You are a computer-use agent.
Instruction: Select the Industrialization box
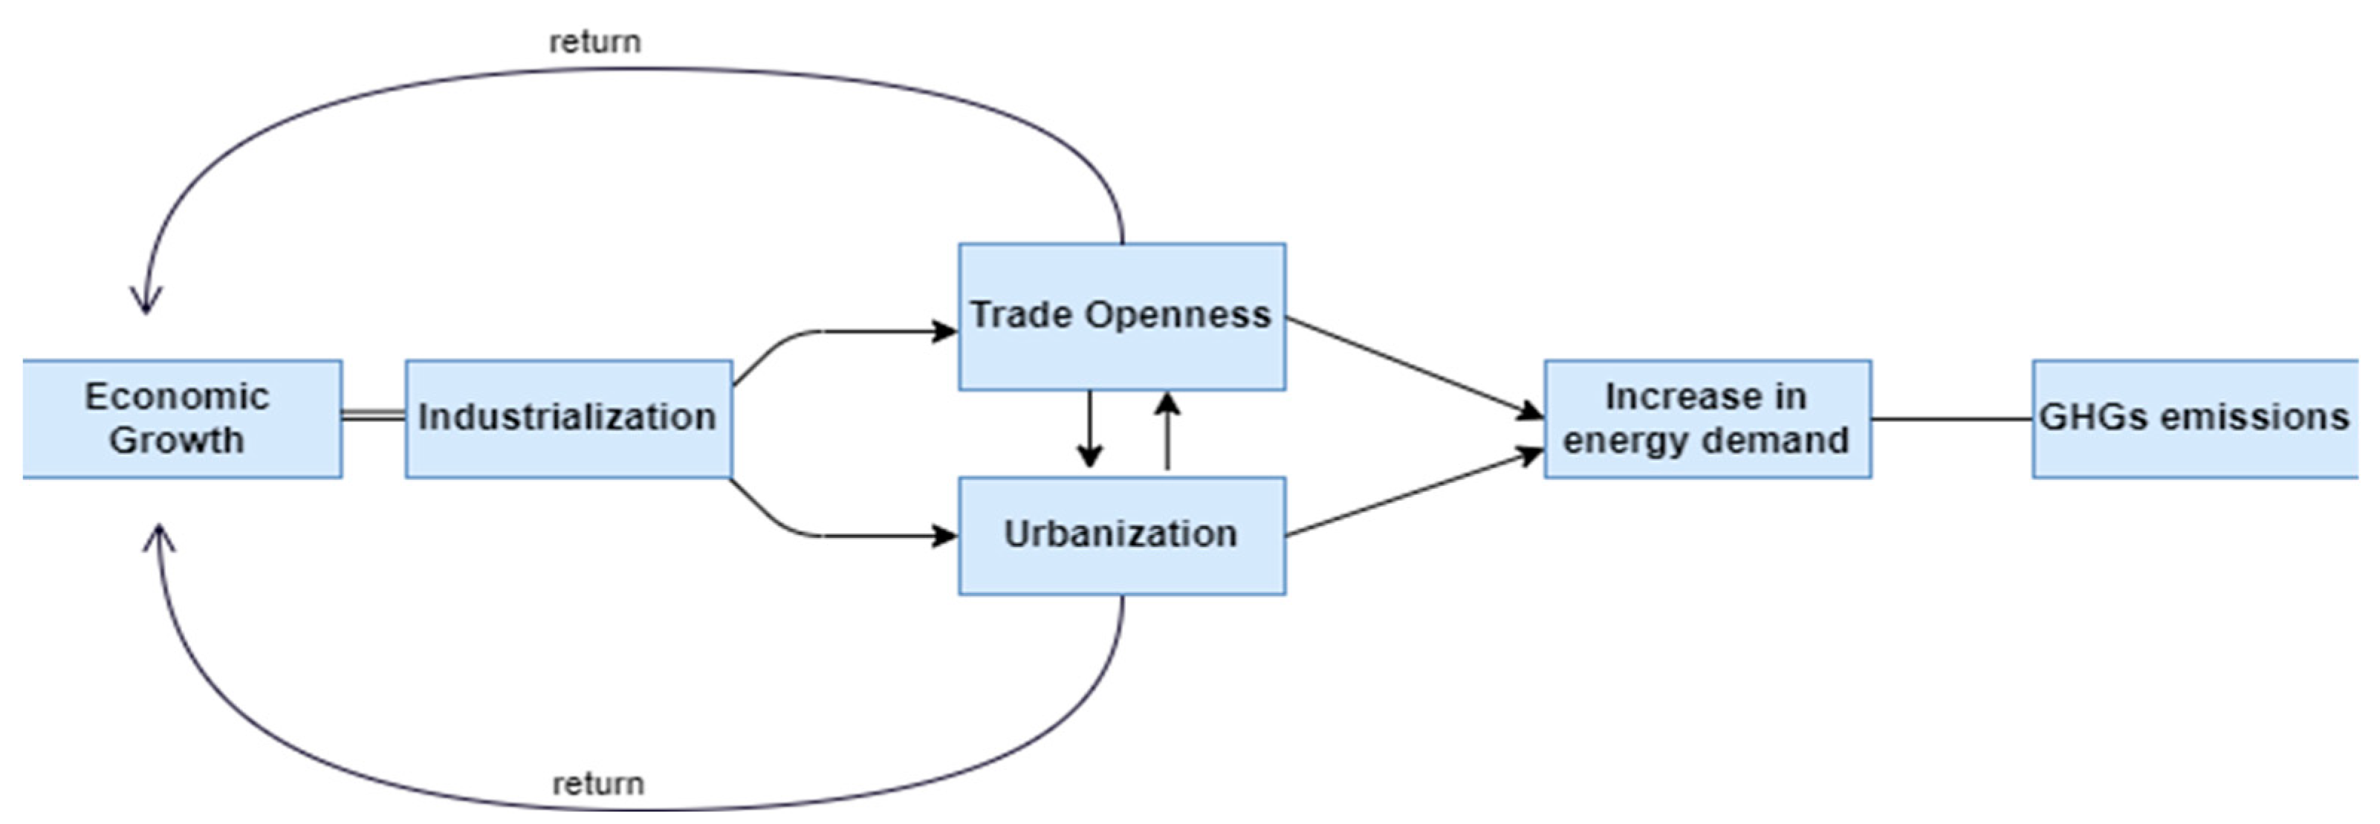coord(568,418)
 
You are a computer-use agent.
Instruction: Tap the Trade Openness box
coord(1121,316)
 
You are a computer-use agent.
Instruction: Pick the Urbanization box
coord(1121,535)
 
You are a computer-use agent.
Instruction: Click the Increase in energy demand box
coord(1707,418)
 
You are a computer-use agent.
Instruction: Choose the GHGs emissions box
coord(2193,418)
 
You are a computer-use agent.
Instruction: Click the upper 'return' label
coord(594,42)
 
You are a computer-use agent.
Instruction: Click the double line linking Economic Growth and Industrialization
coord(373,417)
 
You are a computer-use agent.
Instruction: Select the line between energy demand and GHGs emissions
coord(1951,418)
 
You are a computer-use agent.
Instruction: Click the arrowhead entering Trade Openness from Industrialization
coord(945,331)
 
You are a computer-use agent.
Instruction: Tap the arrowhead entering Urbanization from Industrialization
coord(945,536)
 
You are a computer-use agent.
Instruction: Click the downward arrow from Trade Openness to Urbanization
coord(1089,429)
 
